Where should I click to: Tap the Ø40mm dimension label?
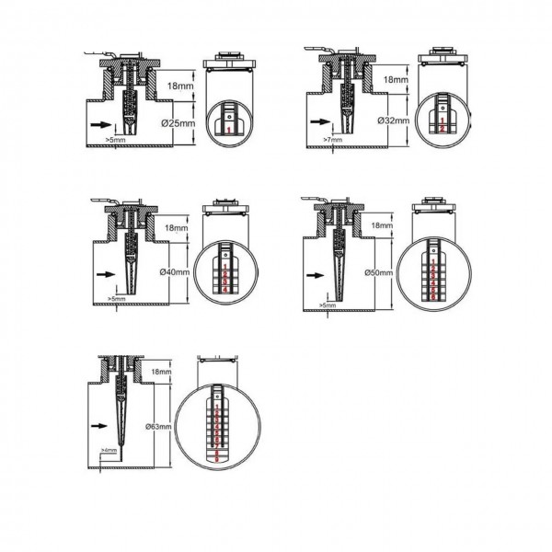[x=174, y=272]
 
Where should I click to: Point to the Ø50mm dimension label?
[x=379, y=273]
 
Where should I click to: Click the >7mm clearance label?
[x=332, y=140]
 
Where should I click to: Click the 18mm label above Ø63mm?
[x=161, y=371]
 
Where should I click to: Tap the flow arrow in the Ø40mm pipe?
[x=104, y=273]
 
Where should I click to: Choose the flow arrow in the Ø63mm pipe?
[x=99, y=426]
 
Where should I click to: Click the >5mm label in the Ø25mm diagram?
[x=116, y=140]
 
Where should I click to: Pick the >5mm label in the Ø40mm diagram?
[x=116, y=299]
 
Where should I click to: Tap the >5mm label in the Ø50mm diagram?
[x=327, y=305]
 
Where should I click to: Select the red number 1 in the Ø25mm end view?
[x=226, y=132]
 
